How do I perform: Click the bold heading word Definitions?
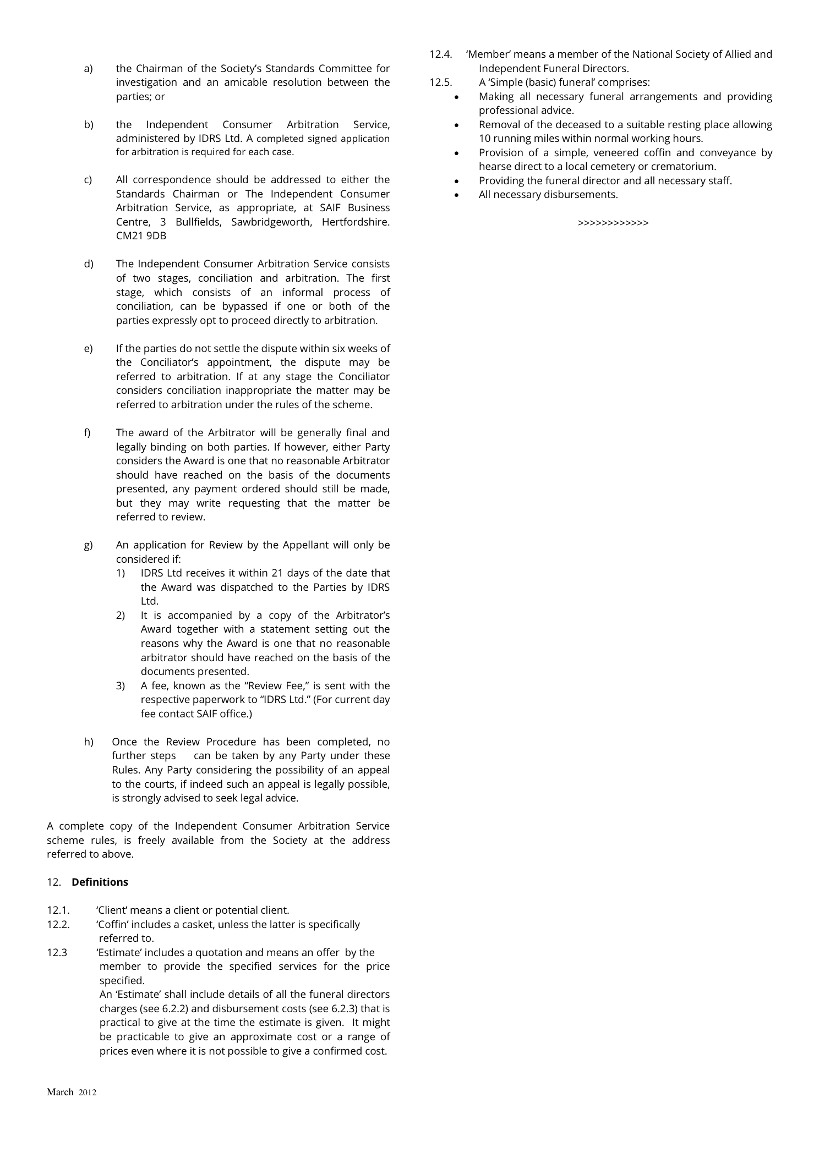[100, 882]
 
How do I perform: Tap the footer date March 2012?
[71, 1092]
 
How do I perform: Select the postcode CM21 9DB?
[141, 235]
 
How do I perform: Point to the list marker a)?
[89, 68]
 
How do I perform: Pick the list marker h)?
[89, 742]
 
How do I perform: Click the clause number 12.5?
[440, 83]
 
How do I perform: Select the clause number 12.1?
[58, 910]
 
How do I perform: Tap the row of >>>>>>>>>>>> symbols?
[613, 223]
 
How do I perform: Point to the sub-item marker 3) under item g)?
[121, 685]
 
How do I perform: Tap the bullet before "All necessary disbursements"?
[457, 195]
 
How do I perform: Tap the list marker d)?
[89, 264]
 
